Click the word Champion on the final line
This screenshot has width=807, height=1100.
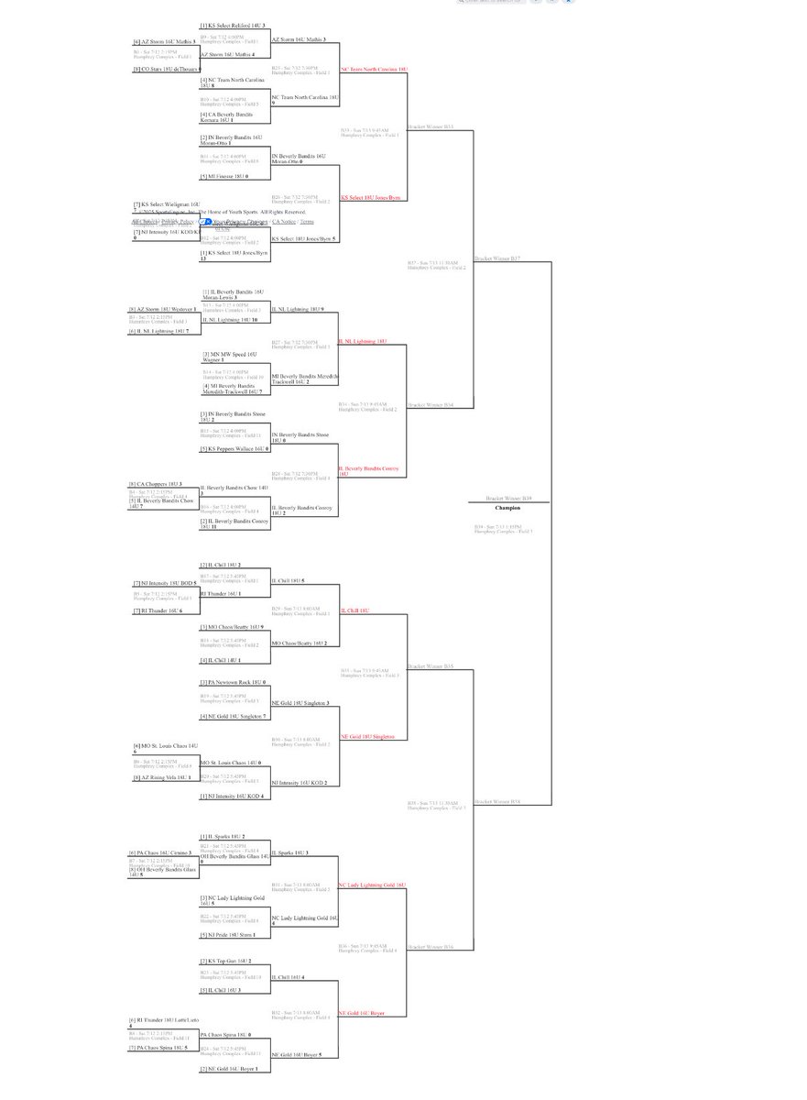(507, 508)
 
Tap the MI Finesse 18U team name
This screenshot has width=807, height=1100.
(225, 176)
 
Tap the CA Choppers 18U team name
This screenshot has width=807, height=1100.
(157, 483)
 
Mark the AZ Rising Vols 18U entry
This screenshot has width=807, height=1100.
(163, 777)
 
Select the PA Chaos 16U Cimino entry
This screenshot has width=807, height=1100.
(163, 852)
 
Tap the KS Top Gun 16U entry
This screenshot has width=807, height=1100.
(224, 962)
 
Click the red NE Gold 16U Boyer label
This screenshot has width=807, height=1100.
(362, 1013)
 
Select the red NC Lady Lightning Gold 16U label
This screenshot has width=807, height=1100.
(372, 885)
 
